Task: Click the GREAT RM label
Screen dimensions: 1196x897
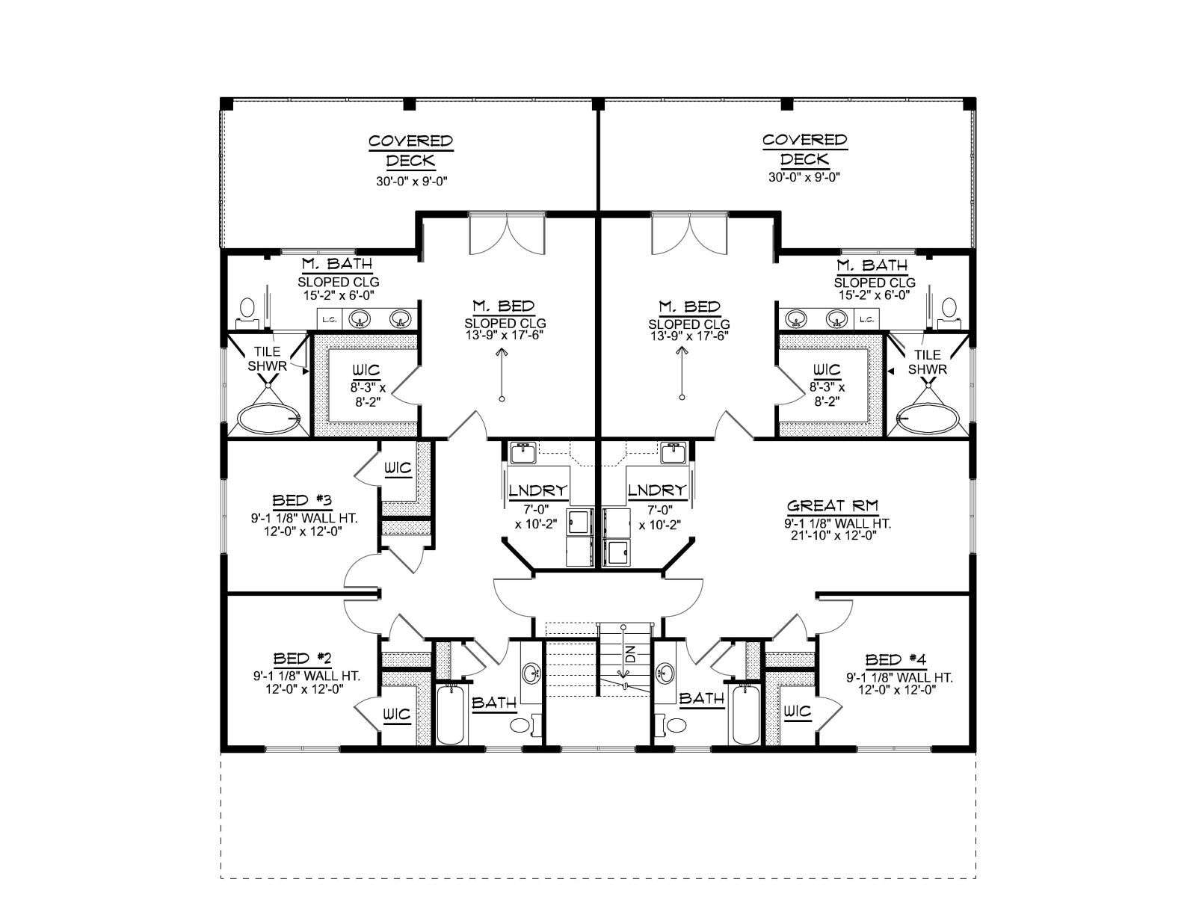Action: tap(833, 506)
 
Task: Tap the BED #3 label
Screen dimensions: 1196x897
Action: tap(302, 501)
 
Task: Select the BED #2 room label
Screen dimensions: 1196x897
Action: tap(303, 659)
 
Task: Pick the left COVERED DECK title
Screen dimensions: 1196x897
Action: tap(411, 150)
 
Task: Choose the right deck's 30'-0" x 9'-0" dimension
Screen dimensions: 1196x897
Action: tap(804, 177)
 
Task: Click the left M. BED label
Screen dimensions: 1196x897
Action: tap(504, 306)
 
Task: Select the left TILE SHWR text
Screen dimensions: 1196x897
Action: tap(267, 359)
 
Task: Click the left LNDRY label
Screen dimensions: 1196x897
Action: tap(538, 490)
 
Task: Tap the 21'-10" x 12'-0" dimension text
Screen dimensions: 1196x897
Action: tap(833, 535)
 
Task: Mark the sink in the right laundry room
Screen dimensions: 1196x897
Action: tap(674, 452)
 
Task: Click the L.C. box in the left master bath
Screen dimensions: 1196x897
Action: tap(329, 320)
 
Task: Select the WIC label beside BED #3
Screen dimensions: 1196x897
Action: tap(398, 468)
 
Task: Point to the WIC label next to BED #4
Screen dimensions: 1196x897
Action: tap(798, 711)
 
